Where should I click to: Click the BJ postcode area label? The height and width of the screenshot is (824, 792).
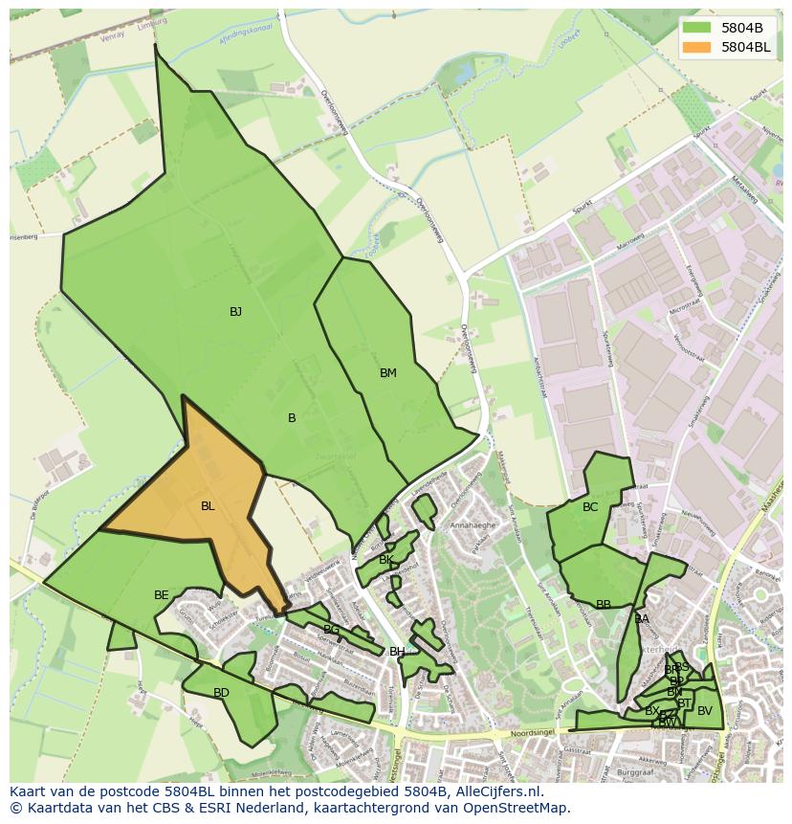tap(235, 312)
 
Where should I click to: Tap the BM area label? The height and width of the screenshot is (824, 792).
tap(387, 373)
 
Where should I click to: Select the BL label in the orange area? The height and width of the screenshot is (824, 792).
tap(208, 506)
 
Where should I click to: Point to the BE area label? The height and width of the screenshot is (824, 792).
tap(162, 595)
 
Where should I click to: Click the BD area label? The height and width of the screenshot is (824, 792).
tap(221, 693)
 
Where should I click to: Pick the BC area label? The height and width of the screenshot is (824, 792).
tap(590, 507)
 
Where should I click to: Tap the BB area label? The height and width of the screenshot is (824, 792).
tap(604, 605)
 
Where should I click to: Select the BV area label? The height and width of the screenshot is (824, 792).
tap(705, 711)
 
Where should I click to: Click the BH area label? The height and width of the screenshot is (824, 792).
tap(396, 652)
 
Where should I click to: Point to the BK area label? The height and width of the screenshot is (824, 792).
tap(386, 560)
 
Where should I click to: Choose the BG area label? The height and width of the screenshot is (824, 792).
tap(331, 630)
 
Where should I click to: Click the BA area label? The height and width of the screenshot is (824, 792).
tap(642, 619)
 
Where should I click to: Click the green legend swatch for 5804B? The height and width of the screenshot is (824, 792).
tap(697, 28)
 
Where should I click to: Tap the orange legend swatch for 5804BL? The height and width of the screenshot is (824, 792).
tap(697, 47)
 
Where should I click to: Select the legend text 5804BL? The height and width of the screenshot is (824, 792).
tap(746, 47)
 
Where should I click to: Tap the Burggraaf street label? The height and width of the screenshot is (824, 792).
tap(635, 770)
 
